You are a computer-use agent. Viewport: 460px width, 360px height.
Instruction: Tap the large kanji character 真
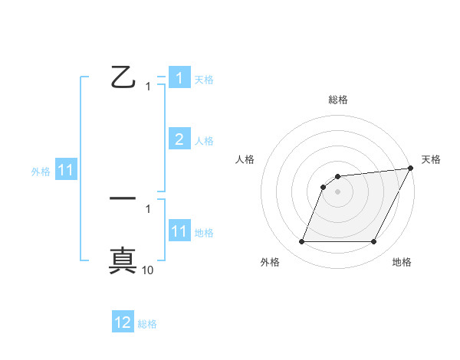coord(123,260)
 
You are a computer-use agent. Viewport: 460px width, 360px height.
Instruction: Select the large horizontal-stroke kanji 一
coord(123,199)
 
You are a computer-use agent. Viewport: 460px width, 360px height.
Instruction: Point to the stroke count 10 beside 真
coord(148,270)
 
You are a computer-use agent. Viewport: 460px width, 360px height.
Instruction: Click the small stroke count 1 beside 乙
coord(148,87)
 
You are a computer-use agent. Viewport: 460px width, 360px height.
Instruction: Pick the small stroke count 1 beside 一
coord(148,208)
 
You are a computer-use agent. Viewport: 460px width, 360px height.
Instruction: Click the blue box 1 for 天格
coord(179,78)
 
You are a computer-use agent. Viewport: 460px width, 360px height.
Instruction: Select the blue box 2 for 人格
coord(179,139)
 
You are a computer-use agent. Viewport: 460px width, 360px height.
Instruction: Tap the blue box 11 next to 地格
coord(179,231)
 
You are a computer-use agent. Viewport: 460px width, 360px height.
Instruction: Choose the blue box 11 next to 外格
coord(65,171)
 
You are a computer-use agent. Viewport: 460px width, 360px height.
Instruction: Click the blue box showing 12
coord(123,322)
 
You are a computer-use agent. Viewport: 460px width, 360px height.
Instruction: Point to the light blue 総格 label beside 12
coord(147,323)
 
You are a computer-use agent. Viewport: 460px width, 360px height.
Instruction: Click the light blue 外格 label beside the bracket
coord(41,172)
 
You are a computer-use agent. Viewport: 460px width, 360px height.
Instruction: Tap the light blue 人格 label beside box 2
coord(204,140)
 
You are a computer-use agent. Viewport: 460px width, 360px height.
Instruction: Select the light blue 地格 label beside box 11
coord(204,232)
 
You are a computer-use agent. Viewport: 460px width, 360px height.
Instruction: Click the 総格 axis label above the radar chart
coord(338,100)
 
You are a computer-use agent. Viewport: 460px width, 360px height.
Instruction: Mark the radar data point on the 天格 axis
coord(411,169)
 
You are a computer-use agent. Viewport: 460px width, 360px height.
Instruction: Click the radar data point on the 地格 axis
coord(373,242)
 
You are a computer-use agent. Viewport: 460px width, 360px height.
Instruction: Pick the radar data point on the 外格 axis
coord(302,242)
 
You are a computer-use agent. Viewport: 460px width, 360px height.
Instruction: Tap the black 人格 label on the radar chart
coord(245,159)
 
